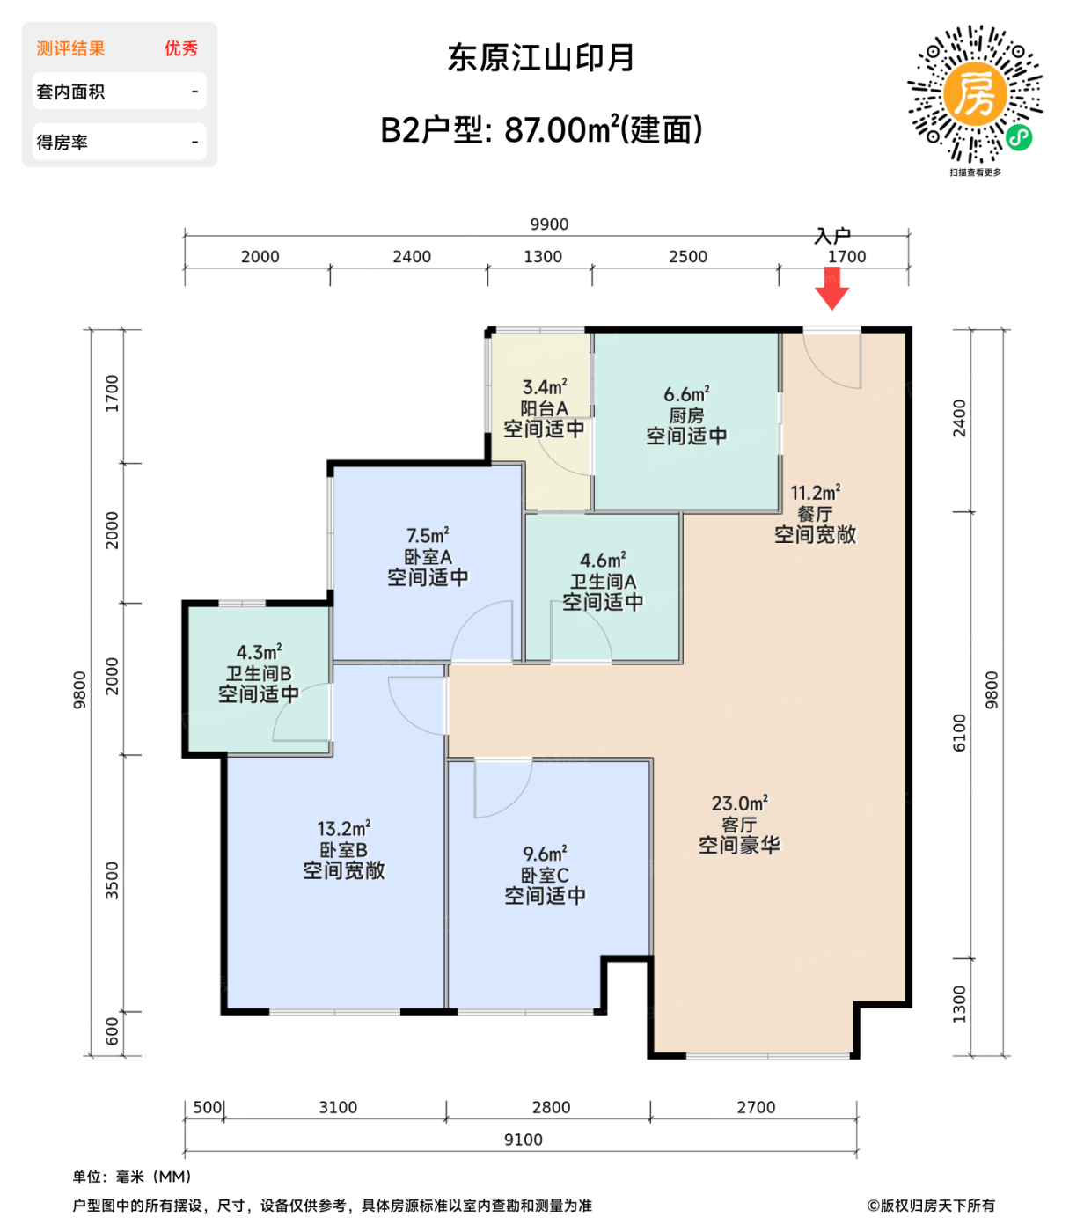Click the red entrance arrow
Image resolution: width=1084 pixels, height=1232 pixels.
831,289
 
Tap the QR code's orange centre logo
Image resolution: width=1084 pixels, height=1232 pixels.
975,93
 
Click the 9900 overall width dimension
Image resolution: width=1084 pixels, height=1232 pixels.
549,224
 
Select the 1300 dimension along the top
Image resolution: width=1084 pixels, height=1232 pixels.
543,257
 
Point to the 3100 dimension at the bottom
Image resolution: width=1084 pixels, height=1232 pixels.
338,1107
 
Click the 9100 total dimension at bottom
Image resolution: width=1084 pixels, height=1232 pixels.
523,1140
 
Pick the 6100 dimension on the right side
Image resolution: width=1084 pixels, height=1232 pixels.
959,732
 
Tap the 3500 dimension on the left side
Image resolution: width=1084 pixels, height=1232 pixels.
112,880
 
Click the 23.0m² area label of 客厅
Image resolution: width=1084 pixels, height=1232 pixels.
739,803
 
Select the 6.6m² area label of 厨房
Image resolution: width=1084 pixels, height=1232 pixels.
686,394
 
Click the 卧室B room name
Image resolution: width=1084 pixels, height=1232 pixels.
343,850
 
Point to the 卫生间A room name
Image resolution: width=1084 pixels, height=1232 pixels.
603,582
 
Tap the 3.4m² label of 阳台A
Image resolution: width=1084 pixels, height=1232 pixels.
544,387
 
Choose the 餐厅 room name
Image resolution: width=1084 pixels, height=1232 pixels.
815,514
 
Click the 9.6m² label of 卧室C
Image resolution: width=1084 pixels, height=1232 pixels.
545,854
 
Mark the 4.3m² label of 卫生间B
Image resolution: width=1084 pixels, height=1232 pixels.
259,652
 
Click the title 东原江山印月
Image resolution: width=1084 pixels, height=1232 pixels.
541,58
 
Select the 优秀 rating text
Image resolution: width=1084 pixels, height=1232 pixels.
181,48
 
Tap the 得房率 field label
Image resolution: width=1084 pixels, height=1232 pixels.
62,143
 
